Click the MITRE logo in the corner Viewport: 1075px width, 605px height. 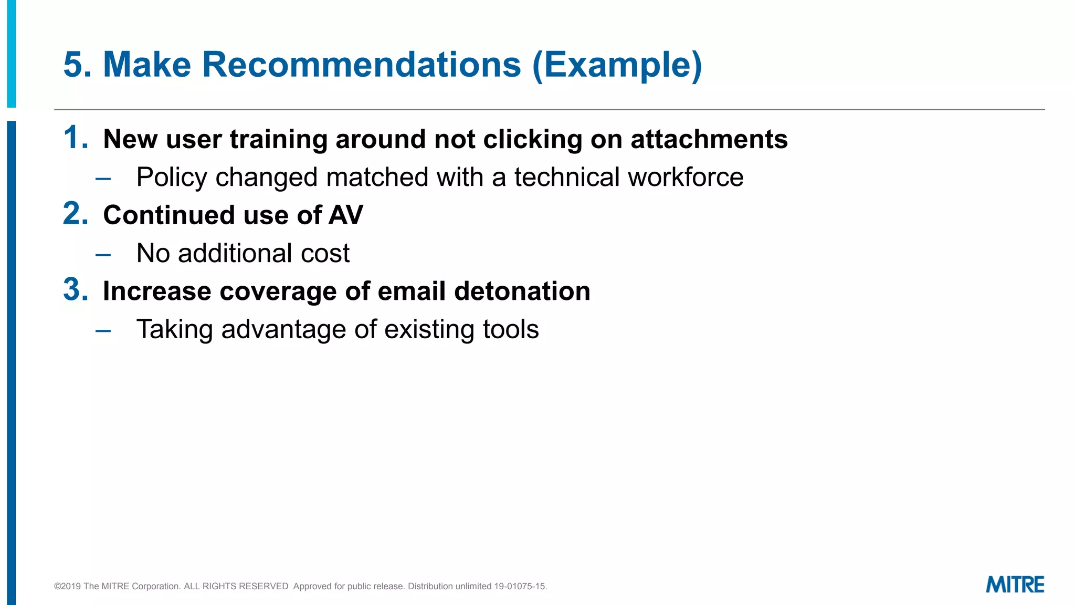point(1015,585)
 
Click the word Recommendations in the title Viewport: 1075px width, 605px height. point(362,65)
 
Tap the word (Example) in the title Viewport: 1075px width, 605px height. point(617,65)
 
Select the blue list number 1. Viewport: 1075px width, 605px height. point(76,138)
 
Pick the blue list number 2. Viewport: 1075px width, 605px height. point(76,214)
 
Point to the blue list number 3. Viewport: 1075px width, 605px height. point(76,290)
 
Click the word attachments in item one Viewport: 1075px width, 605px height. point(709,140)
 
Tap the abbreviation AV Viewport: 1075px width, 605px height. point(346,215)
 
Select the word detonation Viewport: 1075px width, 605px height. point(522,291)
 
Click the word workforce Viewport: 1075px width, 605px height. point(686,178)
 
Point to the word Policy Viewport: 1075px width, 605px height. point(172,178)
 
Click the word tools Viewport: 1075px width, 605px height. point(511,330)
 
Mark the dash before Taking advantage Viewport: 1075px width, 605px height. point(103,331)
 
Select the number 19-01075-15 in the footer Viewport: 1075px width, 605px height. point(520,586)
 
